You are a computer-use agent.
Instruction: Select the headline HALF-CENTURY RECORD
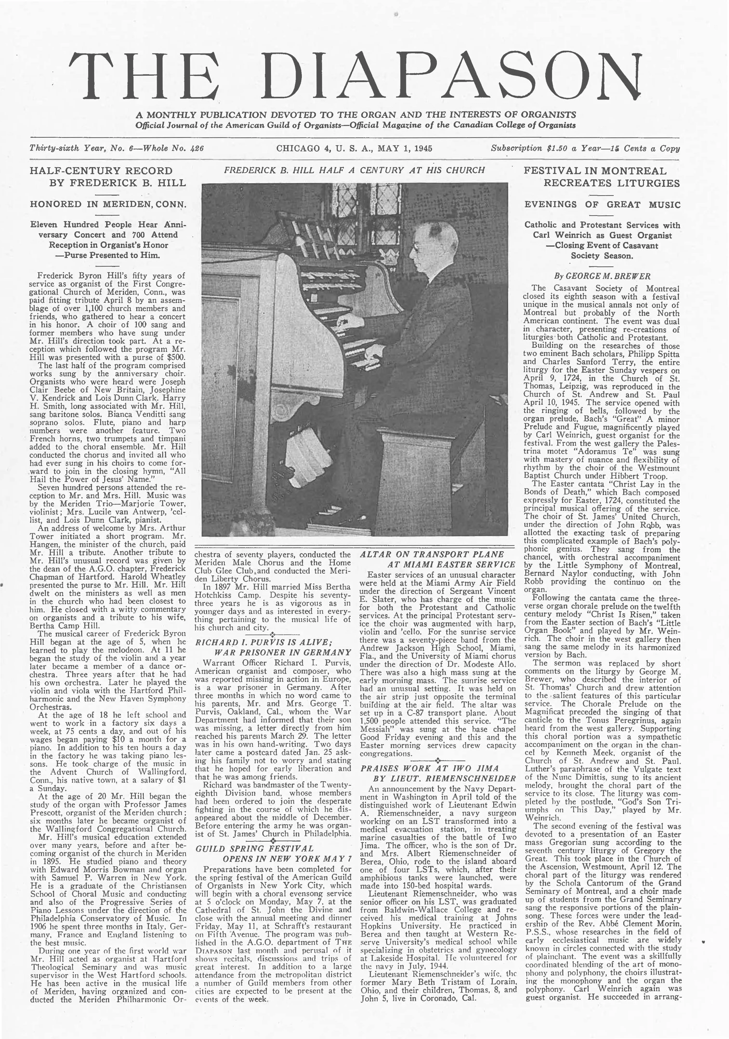coord(101,171)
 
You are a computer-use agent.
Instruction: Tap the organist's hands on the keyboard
coord(358,337)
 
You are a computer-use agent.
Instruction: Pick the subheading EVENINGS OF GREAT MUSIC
coord(602,205)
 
